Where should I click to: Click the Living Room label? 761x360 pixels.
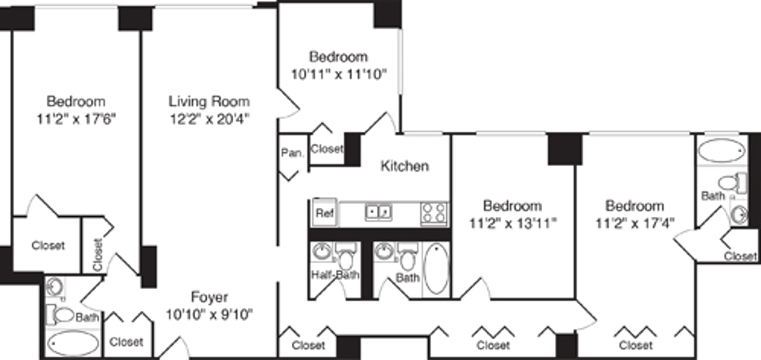point(209,101)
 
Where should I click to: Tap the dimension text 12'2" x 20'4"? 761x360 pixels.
point(210,119)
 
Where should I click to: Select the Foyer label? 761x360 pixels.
point(209,297)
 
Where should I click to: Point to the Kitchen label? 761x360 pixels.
point(405,166)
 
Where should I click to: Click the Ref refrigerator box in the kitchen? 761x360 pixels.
point(325,212)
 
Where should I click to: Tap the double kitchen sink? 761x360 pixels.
point(378,212)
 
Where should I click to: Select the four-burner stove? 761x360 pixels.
point(434,213)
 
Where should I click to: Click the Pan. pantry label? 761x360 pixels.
point(292,153)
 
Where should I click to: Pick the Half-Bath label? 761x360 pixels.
point(335,274)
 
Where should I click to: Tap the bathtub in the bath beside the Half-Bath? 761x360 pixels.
point(436,268)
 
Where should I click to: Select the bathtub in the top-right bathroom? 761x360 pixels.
point(721,150)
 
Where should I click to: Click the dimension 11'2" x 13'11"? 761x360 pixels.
point(512,224)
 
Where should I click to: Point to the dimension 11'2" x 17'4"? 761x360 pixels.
point(635,224)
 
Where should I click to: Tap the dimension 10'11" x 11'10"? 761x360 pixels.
point(339,74)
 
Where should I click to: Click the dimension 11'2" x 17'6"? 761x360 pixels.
point(76,119)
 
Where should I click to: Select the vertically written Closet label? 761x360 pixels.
point(98,255)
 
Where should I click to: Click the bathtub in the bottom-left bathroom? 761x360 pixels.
point(73,344)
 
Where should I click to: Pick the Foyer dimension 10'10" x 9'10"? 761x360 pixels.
point(209,314)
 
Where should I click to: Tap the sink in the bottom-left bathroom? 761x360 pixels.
point(55,288)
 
